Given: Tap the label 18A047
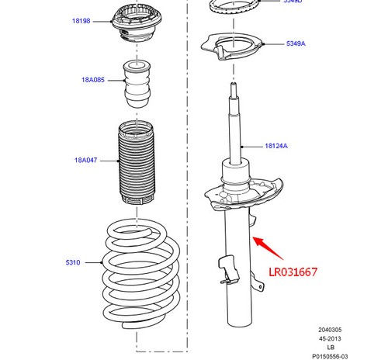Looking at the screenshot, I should point(86,161).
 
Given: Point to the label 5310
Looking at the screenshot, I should point(73,263).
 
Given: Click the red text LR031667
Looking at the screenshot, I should point(293,272).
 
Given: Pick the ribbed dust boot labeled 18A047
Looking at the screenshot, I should point(137,163).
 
